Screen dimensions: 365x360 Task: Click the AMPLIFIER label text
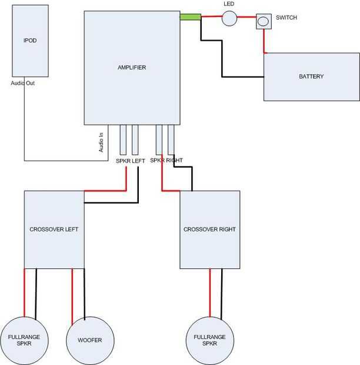(131, 68)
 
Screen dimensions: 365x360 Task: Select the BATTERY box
(311, 77)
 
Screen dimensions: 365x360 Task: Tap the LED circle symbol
(229, 18)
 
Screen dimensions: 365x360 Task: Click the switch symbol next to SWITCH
(264, 22)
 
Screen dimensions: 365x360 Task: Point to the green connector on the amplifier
(190, 18)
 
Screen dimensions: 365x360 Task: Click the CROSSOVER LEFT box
(54, 229)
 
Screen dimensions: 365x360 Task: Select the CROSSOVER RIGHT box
(209, 229)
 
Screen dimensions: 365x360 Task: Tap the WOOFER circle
(89, 340)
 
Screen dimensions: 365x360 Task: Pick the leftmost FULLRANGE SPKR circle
(24, 340)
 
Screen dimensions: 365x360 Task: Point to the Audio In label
(101, 143)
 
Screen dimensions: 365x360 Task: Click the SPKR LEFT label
(130, 161)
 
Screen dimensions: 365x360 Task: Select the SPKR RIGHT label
(166, 160)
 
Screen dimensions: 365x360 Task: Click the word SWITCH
(286, 18)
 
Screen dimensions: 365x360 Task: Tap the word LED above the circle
(229, 4)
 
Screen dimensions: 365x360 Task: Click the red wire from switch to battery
(264, 41)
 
